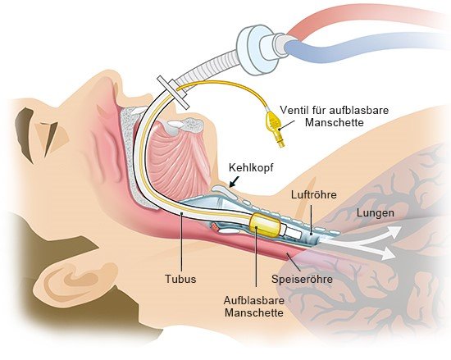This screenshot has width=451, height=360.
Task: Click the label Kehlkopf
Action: pos(251,168)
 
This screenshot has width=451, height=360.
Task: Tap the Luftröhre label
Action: pos(314,194)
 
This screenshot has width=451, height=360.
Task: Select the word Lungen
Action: pos(376,213)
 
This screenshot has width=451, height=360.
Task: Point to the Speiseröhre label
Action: pos(302,279)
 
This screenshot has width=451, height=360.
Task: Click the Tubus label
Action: pos(180,279)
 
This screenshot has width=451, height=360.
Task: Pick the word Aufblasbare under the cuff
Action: pos(254,301)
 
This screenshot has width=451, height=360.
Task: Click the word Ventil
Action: pos(294,110)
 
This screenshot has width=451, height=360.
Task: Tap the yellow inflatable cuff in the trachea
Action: pos(265,226)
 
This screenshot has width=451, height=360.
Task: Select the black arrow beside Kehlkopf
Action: pos(235,182)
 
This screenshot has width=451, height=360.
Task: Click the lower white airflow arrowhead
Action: pos(387,253)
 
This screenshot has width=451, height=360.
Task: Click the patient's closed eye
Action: pos(48,138)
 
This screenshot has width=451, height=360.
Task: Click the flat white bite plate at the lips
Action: pos(173,93)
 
